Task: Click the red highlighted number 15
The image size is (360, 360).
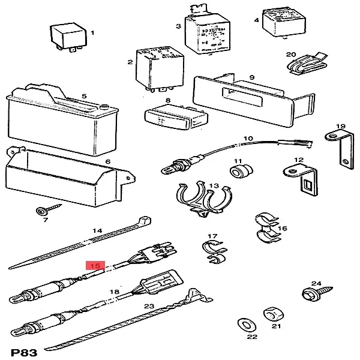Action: tap(95, 265)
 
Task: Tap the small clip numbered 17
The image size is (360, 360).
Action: tap(213, 252)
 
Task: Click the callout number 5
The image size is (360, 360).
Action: tap(84, 96)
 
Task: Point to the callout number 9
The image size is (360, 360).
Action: tap(252, 77)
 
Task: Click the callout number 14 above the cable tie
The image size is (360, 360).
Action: tap(97, 230)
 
